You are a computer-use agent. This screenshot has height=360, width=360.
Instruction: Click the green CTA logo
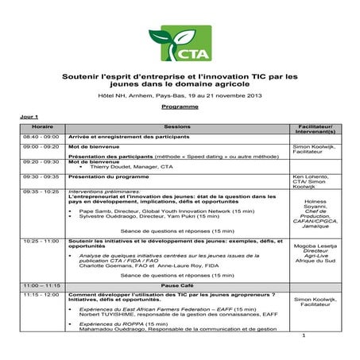(180, 45)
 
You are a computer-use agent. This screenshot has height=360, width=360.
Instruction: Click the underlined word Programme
(180, 106)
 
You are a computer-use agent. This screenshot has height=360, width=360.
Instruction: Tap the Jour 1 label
(29, 117)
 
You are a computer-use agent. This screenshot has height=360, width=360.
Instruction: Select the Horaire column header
(42, 127)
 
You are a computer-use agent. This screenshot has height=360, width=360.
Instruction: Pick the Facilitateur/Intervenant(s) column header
(316, 130)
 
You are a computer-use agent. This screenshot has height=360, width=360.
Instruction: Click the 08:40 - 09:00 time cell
(41, 137)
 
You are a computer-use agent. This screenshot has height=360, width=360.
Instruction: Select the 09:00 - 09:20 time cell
(41, 147)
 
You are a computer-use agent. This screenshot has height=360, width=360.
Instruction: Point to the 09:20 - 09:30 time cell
(41, 161)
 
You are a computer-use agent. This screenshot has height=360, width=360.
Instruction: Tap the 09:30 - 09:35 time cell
(41, 176)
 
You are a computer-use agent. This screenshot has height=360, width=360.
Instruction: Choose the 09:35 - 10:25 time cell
(41, 192)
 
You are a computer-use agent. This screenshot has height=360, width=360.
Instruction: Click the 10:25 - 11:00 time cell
(41, 239)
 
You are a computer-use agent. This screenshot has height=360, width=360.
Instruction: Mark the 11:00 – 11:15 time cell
(42, 285)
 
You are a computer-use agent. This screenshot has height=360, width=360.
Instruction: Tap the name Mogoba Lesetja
(316, 248)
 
